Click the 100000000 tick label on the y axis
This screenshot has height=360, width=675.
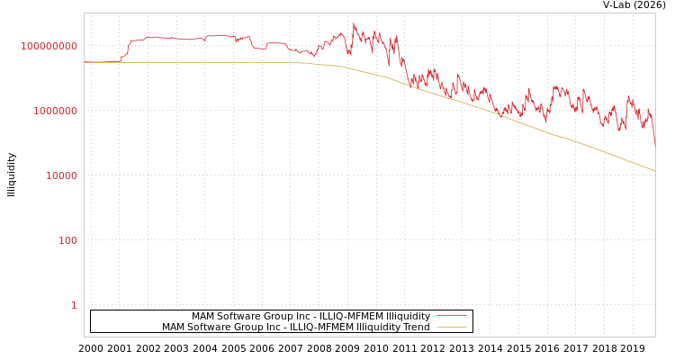49,46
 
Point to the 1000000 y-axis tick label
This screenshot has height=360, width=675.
56,111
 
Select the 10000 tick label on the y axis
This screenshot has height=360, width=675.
61,175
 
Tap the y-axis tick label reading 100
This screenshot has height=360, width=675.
67,240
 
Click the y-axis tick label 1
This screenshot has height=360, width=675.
74,305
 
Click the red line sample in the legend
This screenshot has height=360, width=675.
451,316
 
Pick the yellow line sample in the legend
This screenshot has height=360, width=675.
451,327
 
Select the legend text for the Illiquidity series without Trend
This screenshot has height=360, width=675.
310,316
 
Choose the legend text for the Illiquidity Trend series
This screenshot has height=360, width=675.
295,327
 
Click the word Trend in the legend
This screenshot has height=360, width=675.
416,327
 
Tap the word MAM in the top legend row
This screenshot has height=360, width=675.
203,316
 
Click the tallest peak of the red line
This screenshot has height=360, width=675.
354,24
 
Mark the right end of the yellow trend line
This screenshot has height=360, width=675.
654,170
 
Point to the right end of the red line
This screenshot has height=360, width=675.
654,144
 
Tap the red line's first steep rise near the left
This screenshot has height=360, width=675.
126,49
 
